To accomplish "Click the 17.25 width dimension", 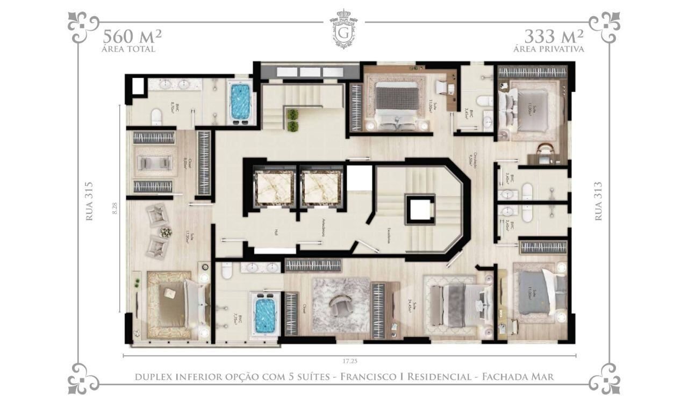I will pos(349,362).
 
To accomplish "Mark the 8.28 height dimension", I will pos(114,209).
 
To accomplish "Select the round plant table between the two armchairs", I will pos(166,232).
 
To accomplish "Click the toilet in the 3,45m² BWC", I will pos(486,100).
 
